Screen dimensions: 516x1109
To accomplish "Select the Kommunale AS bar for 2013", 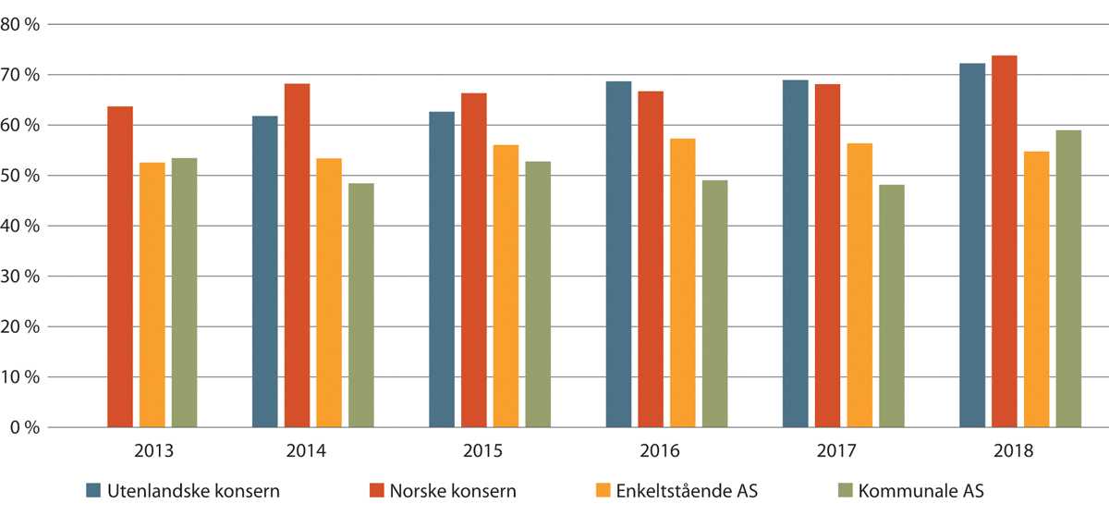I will click(184, 292).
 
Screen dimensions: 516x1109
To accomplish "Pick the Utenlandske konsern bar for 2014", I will click(265, 271).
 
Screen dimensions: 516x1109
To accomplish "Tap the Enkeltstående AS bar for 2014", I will click(329, 292).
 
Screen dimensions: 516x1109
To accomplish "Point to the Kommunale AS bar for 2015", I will click(538, 294).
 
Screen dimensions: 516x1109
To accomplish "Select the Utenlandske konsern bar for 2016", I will click(619, 254).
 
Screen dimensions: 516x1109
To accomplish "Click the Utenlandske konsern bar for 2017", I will click(796, 253).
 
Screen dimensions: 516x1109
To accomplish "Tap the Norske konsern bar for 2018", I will click(1005, 241).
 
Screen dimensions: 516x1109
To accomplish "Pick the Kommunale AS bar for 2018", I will click(1068, 278).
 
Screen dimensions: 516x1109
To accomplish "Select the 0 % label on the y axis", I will click(25, 428).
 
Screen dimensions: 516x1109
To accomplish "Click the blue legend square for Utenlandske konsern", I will click(93, 489).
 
